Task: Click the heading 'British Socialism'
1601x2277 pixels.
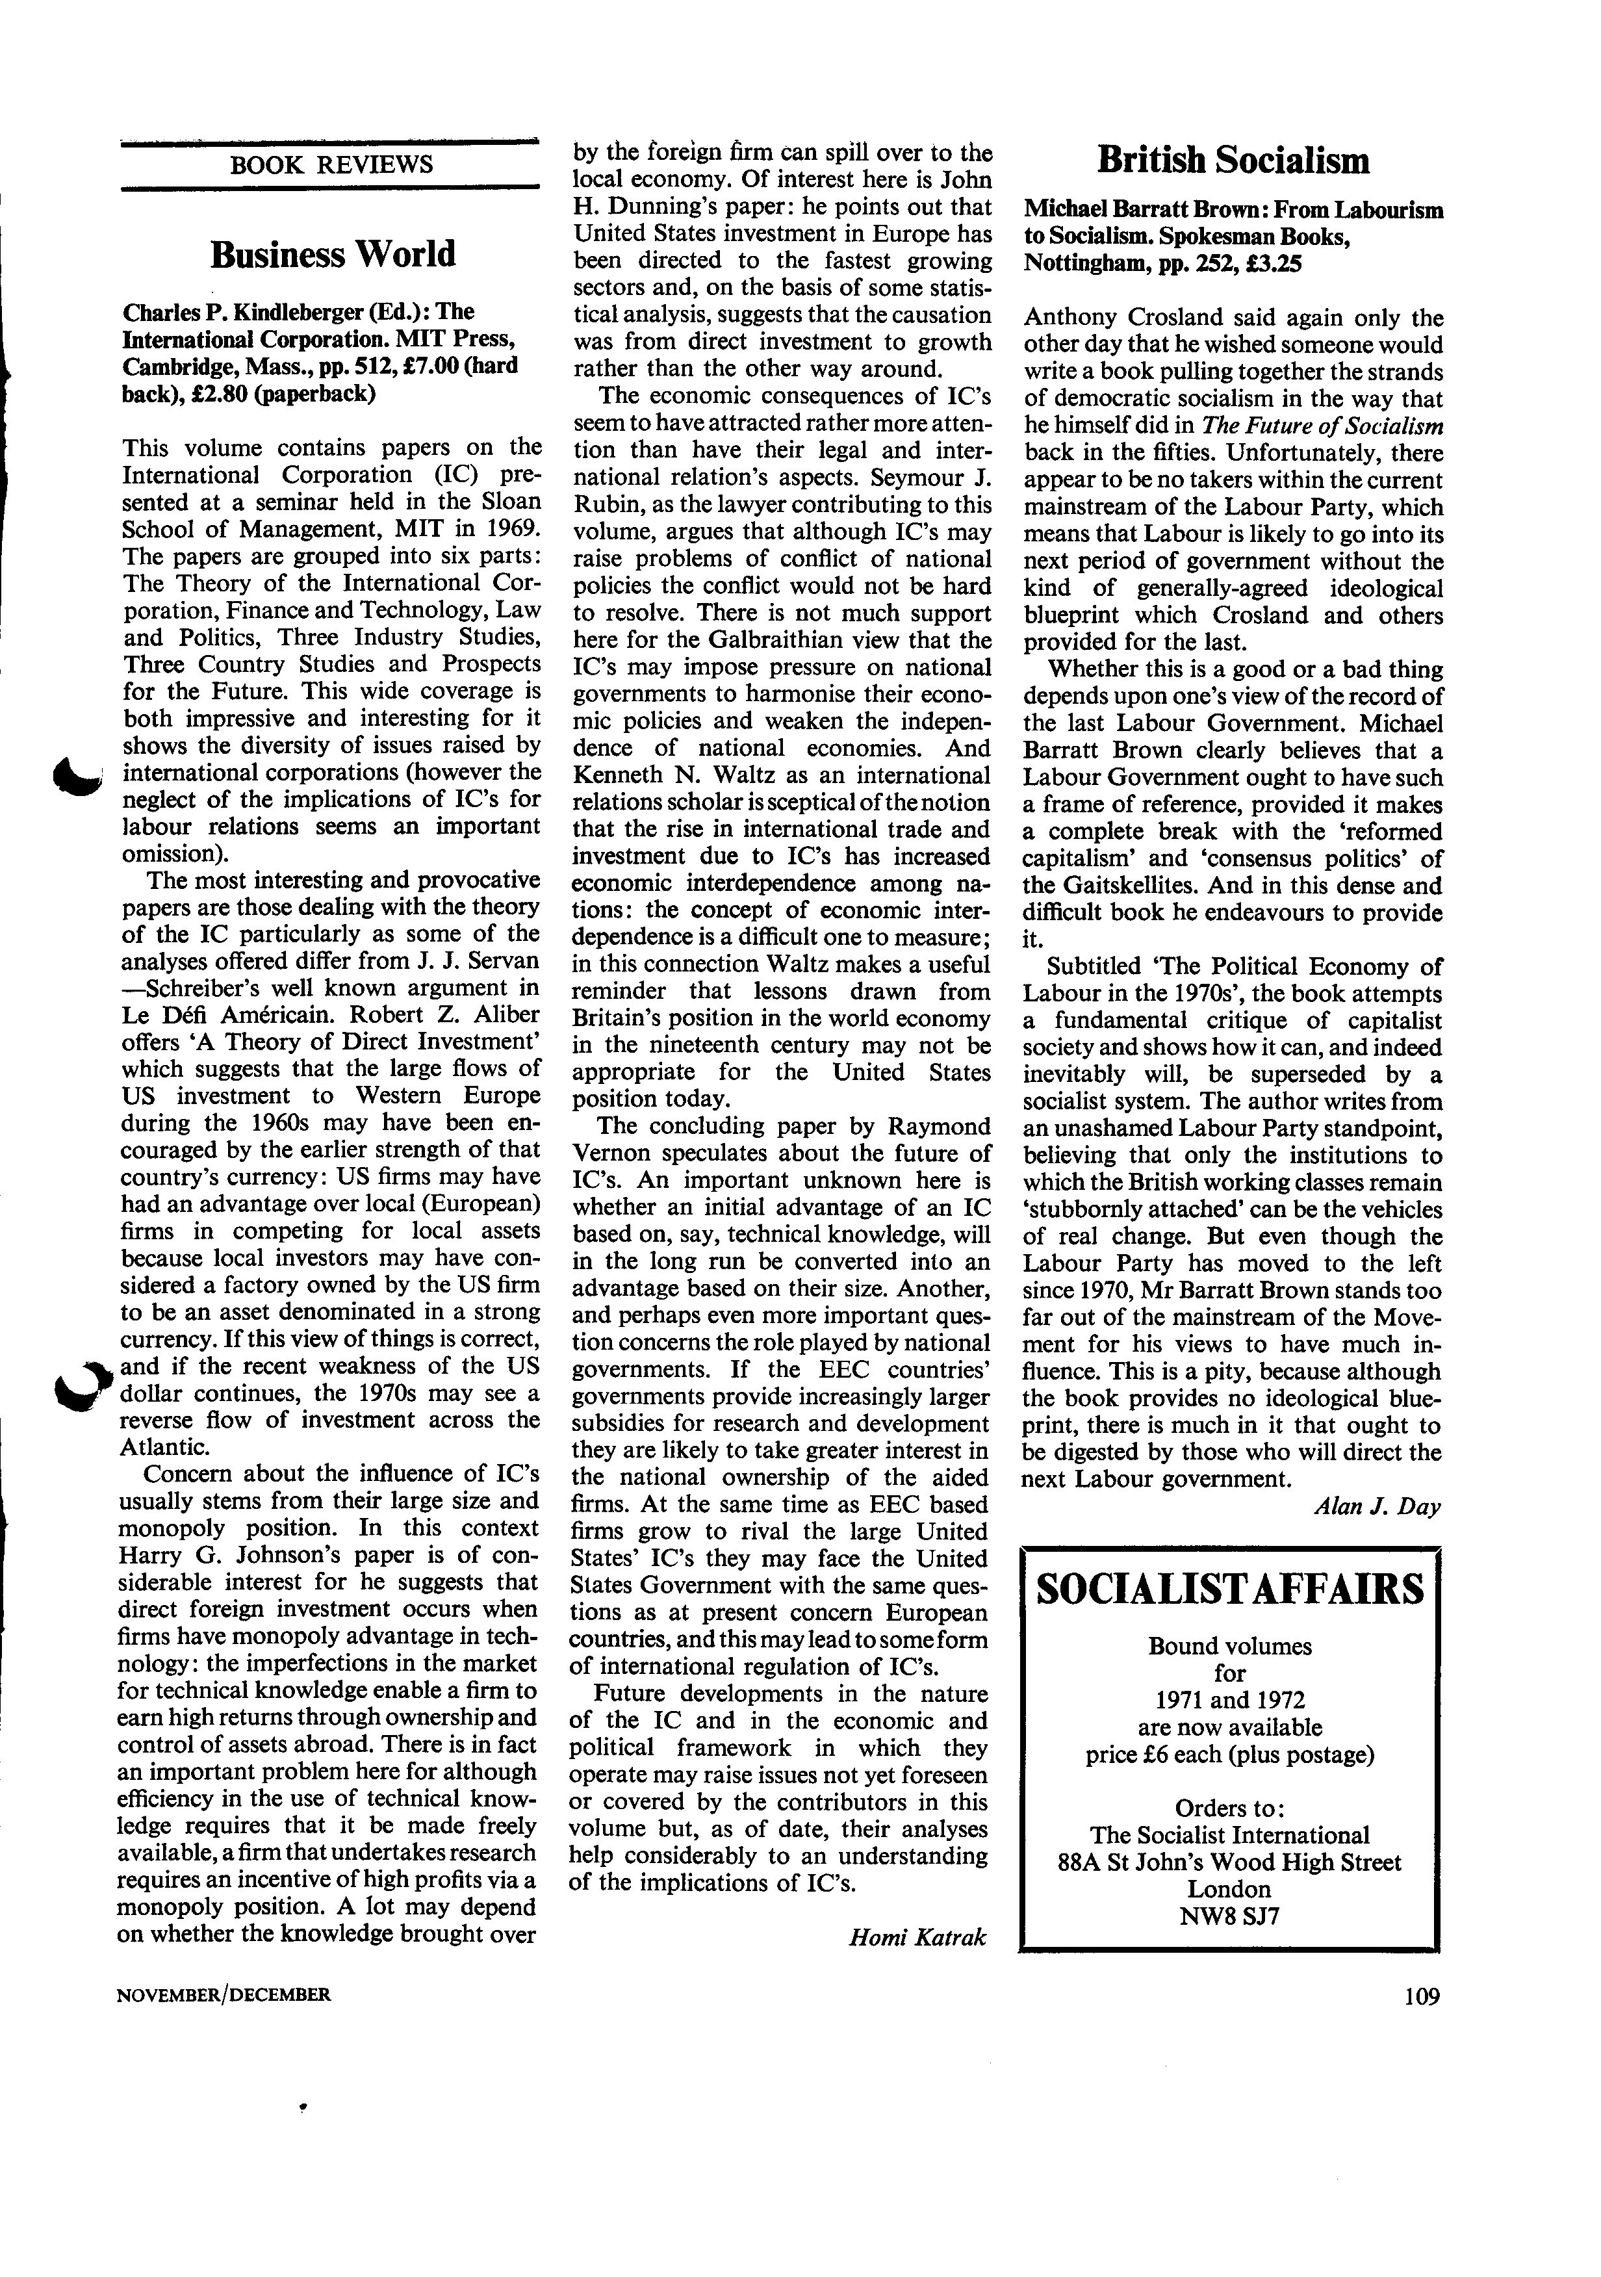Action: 1233,160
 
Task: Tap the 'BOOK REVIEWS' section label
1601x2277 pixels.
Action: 331,164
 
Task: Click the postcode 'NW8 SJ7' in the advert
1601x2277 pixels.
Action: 1229,1915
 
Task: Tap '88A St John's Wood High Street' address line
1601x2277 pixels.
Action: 1230,1862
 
